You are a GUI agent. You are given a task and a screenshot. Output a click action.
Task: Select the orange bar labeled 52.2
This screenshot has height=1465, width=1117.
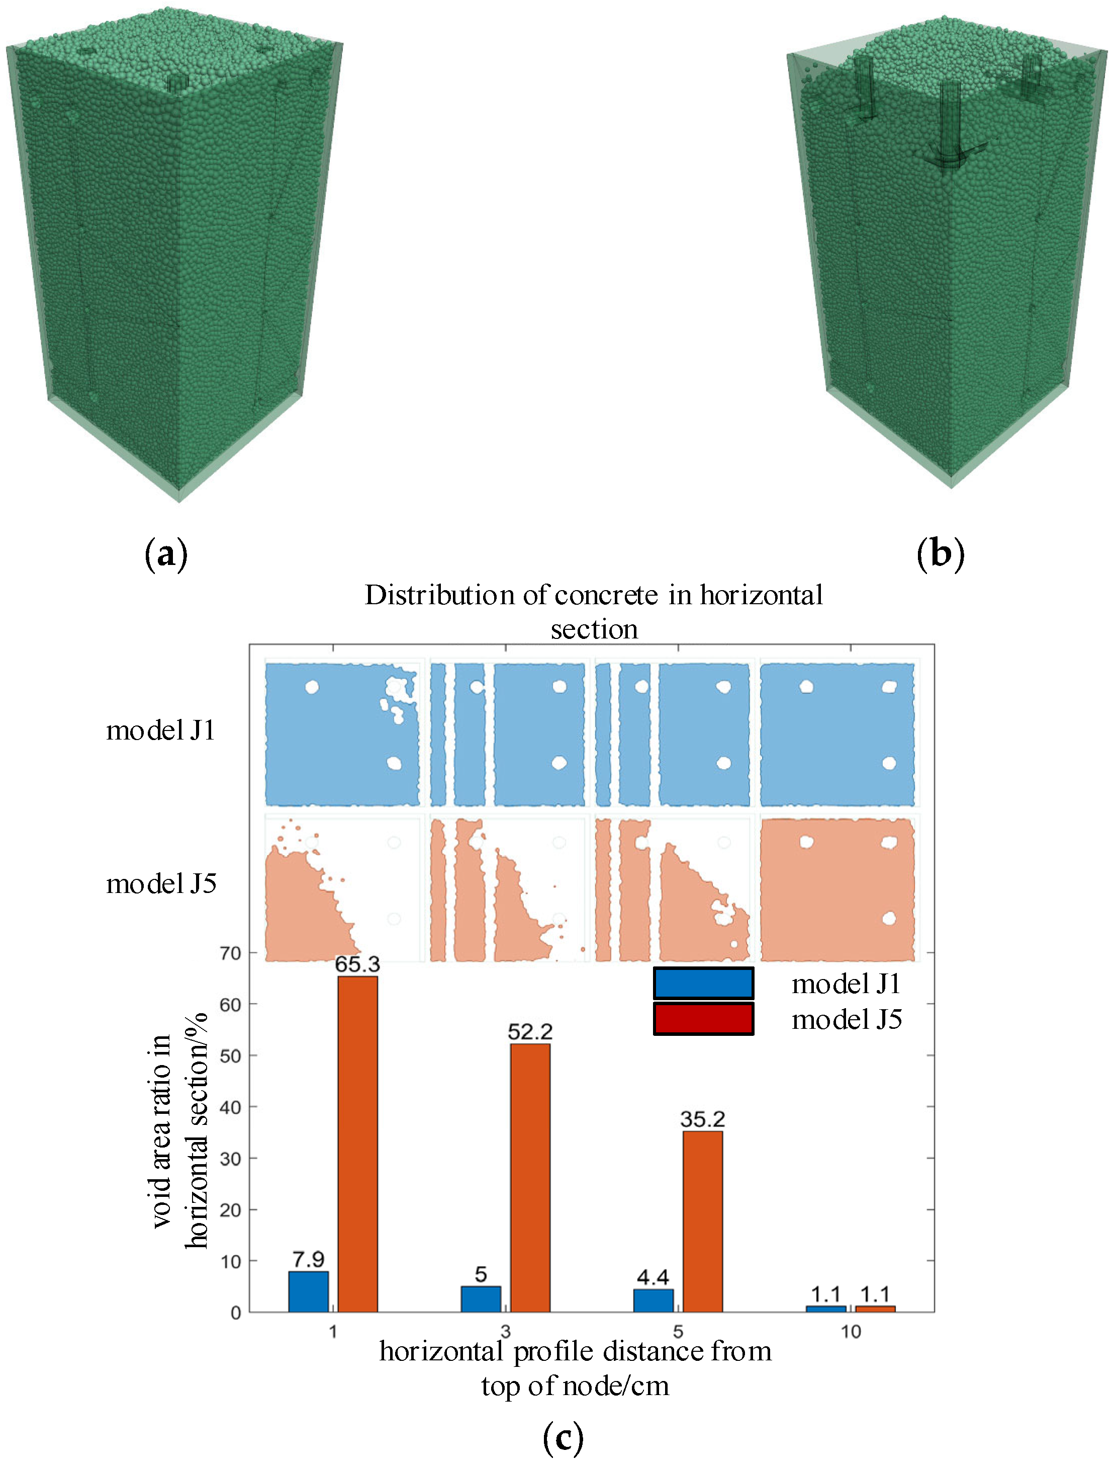530,1178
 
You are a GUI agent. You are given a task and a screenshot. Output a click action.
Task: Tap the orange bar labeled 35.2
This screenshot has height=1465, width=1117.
702,1221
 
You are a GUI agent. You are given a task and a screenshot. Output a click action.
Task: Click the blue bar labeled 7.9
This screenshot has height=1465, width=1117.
309,1291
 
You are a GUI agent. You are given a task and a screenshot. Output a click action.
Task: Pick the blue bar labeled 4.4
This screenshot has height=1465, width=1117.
653,1300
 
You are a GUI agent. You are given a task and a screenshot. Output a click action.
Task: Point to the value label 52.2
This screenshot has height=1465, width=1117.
530,1032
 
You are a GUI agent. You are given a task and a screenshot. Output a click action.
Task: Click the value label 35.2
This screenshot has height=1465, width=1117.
702,1119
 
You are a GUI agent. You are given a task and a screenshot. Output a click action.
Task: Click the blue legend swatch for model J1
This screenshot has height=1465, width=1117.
703,984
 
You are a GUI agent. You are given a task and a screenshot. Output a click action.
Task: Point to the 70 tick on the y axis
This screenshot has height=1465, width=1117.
230,953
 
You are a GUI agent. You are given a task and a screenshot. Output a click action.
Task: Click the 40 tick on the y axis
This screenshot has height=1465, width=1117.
230,1107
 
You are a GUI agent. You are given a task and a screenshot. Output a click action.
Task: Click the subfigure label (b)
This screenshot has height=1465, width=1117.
940,553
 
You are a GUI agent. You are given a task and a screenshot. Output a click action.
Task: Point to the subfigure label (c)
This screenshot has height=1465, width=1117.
563,1438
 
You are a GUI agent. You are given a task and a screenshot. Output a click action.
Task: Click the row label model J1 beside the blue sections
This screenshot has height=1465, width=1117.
161,730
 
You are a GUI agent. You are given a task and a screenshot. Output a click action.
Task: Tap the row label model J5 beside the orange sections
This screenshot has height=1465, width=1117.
161,883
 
